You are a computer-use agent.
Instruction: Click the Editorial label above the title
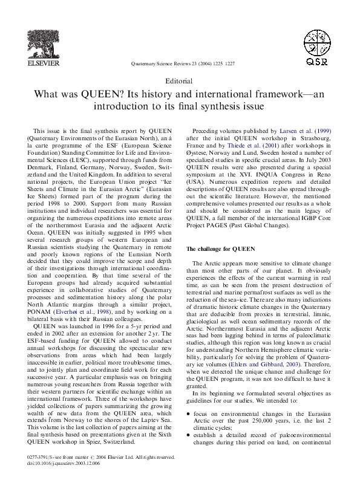(x=179, y=81)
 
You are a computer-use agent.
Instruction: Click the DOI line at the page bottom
(x=61, y=464)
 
